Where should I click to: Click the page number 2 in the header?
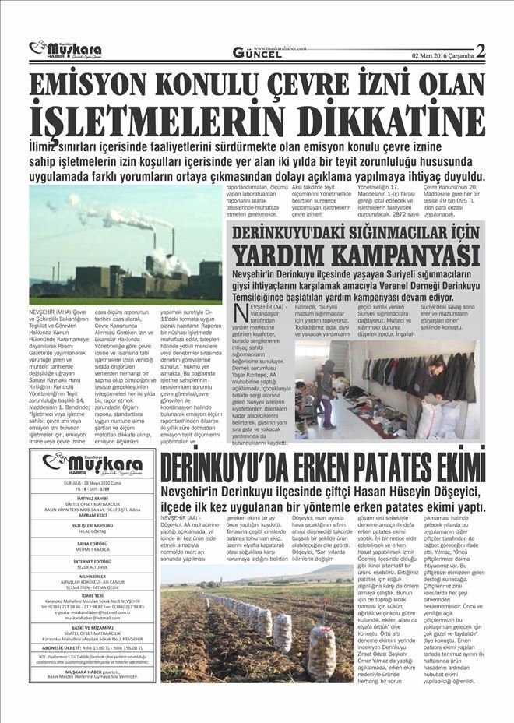[x=480, y=51]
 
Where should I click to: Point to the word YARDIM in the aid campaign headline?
[x=296, y=254]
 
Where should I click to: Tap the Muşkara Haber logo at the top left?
[x=65, y=51]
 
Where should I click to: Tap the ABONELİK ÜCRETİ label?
[x=58, y=647]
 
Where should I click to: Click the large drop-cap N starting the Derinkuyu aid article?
[x=242, y=313]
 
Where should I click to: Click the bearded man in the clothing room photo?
[x=419, y=382]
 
